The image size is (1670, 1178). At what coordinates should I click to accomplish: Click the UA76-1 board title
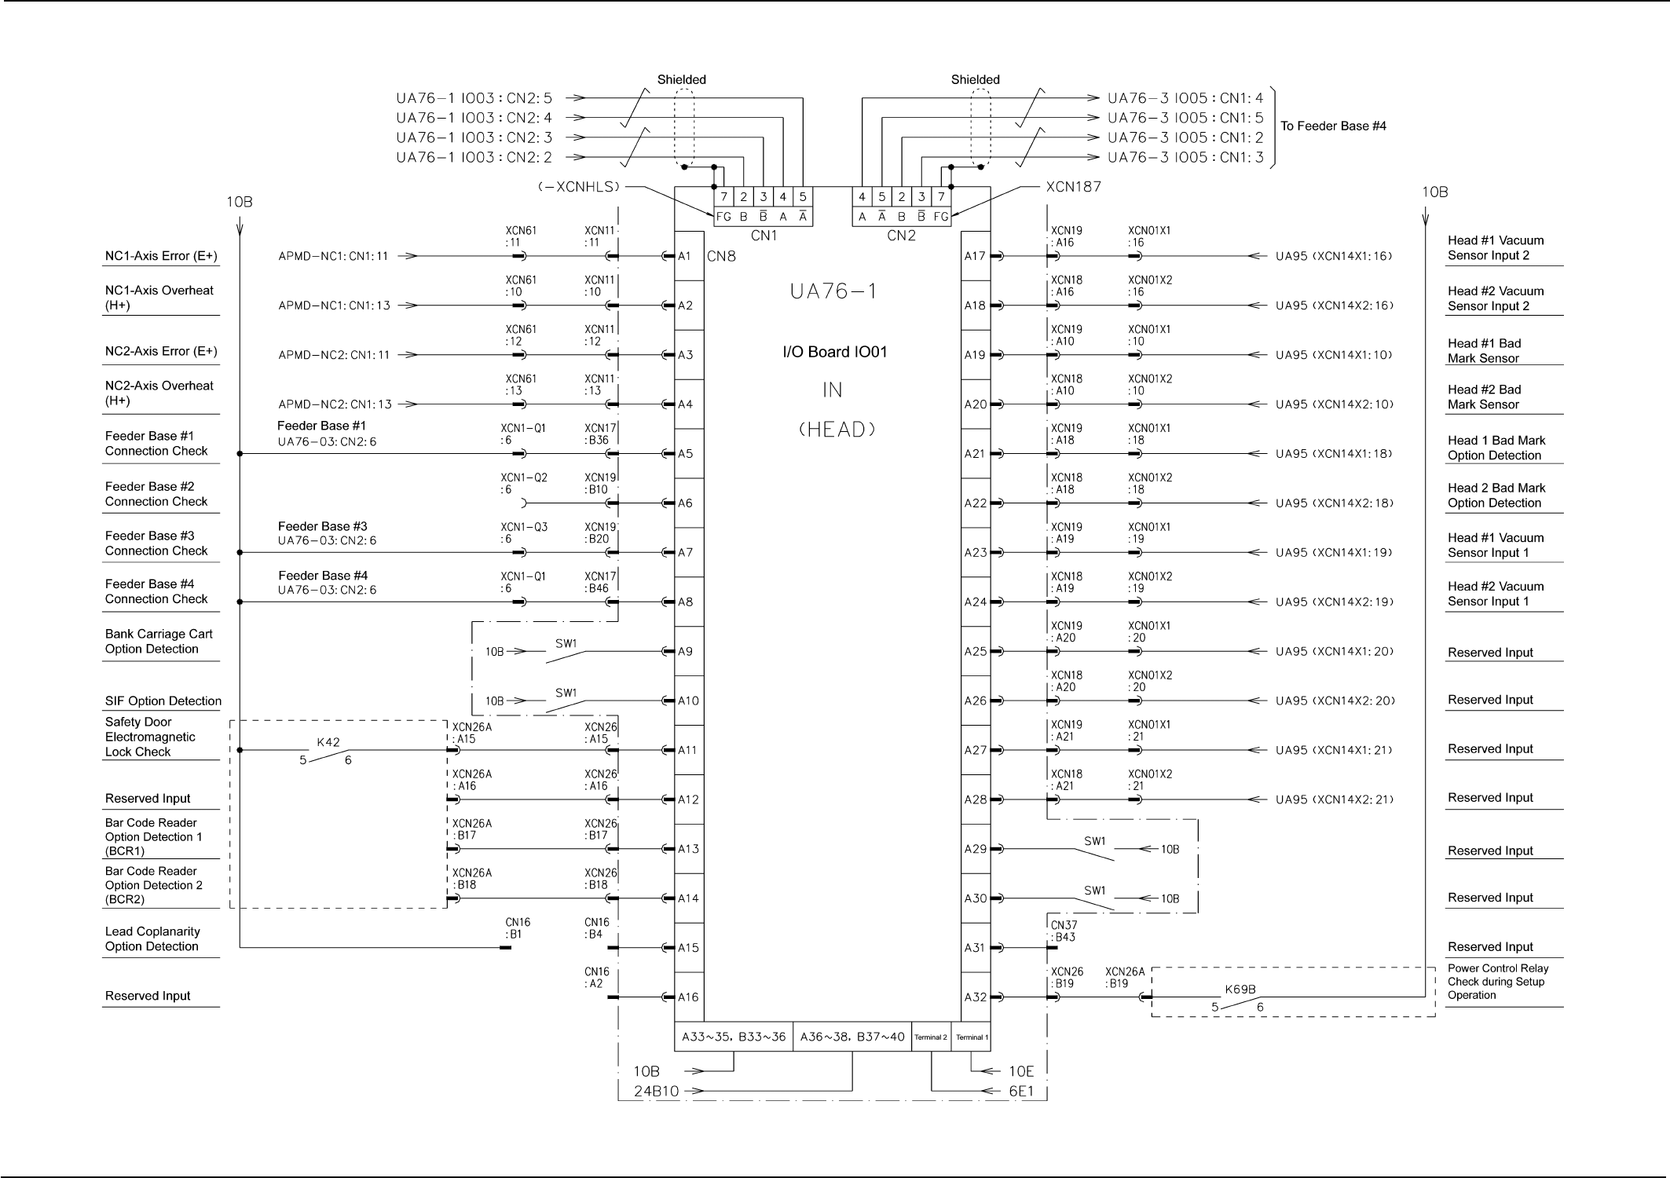coord(833,291)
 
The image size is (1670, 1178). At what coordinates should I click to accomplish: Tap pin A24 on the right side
coord(975,602)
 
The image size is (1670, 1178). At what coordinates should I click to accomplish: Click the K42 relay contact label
coord(328,742)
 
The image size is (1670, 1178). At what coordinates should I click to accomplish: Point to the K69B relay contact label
coord(1240,990)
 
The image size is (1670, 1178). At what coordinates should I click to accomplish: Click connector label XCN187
coord(1073,187)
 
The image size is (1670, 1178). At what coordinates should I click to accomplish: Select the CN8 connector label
coord(721,257)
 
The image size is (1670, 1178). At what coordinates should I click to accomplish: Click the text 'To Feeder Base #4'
coord(1333,126)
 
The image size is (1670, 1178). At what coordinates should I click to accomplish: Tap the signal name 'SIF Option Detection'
coord(163,701)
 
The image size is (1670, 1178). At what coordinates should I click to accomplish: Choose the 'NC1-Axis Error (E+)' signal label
coord(161,256)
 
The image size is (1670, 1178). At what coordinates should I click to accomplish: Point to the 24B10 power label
coord(656,1091)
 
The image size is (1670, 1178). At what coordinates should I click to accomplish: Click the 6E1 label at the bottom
coord(1021,1091)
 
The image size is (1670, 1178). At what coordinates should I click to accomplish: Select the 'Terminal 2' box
coord(931,1037)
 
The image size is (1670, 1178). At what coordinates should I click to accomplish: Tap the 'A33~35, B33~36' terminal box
coord(734,1037)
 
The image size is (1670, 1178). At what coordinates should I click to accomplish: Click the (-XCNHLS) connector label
coord(579,187)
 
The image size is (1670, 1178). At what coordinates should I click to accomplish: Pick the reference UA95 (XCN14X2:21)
coord(1335,800)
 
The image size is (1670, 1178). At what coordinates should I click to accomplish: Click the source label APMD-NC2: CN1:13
coord(335,404)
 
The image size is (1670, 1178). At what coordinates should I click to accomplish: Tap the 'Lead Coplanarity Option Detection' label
coord(152,939)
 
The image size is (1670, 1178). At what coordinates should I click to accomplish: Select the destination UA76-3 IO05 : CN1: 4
coord(1185,98)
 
